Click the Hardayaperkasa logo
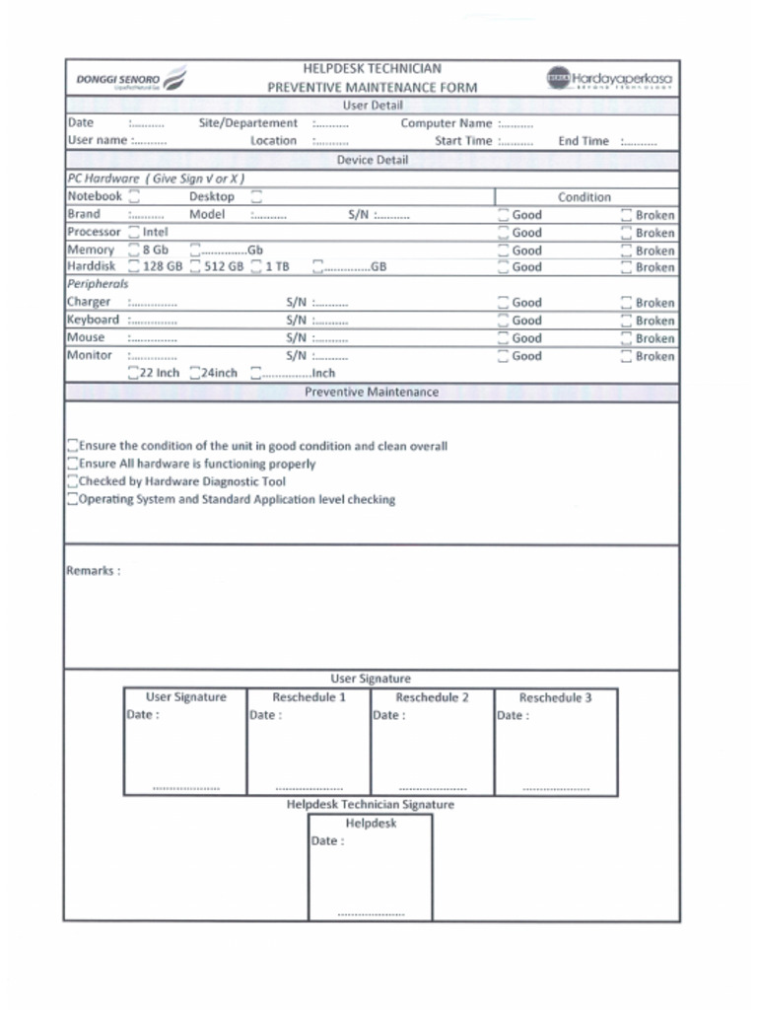point(610,78)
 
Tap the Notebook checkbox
point(134,197)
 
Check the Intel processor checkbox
point(134,233)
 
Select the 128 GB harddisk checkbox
point(134,267)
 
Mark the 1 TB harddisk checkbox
point(256,267)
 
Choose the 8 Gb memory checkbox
point(134,251)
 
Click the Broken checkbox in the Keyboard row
point(626,321)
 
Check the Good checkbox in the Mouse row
point(503,338)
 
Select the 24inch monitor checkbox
point(194,374)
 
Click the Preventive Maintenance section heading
point(371,393)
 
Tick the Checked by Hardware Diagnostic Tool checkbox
point(73,481)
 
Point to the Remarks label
point(93,571)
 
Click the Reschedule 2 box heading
point(432,697)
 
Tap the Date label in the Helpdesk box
point(327,841)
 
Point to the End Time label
point(584,141)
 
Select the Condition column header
point(585,197)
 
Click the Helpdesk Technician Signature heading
point(371,805)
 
